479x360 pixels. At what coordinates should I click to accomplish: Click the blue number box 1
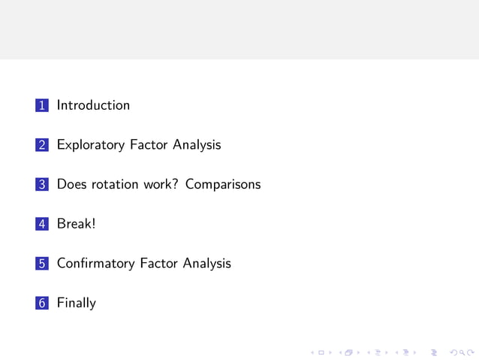point(42,106)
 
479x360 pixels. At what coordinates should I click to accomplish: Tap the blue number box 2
point(42,145)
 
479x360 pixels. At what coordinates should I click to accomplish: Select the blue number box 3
point(42,185)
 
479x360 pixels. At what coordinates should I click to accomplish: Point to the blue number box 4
point(42,224)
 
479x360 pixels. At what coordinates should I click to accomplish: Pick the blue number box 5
point(42,264)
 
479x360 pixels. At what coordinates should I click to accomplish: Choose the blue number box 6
point(42,304)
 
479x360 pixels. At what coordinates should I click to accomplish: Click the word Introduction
point(93,105)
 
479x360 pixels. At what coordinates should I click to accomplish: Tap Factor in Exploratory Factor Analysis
point(149,144)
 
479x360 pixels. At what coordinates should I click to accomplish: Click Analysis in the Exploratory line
point(197,145)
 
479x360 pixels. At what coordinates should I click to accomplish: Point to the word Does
point(72,184)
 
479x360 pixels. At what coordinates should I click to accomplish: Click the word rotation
point(117,184)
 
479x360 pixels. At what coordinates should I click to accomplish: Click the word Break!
point(77,224)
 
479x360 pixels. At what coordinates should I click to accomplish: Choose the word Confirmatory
point(96,263)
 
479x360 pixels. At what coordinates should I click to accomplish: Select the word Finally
point(77,304)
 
